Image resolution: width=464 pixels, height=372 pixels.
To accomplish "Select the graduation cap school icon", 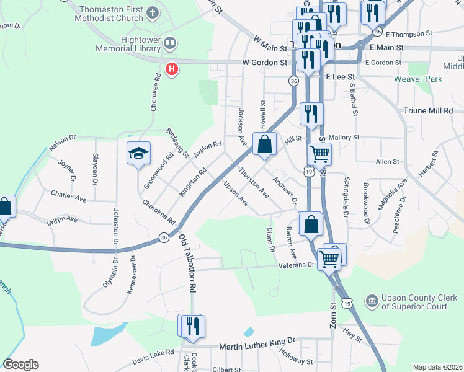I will pyautogui.click(x=138, y=153).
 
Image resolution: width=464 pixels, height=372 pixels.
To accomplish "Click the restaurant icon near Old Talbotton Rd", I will pyautogui.click(x=191, y=325).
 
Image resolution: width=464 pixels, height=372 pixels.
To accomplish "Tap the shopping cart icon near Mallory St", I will pyautogui.click(x=320, y=153).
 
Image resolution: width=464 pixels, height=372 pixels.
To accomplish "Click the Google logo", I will pyautogui.click(x=20, y=365).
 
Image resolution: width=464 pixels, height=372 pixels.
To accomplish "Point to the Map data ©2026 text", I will pyautogui.click(x=437, y=367).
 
